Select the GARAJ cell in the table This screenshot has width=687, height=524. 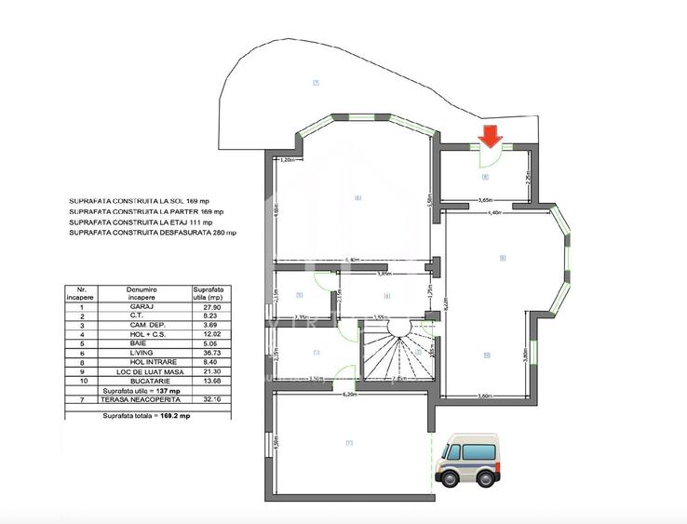pyautogui.click(x=141, y=306)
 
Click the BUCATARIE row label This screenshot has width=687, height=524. pyautogui.click(x=141, y=380)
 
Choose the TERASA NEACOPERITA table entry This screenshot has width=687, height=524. pyautogui.click(x=141, y=400)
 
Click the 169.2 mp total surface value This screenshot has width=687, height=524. pyautogui.click(x=171, y=415)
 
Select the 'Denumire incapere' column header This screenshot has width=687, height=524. pyautogui.click(x=141, y=292)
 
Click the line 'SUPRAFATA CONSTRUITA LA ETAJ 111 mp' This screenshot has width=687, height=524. pyautogui.click(x=141, y=222)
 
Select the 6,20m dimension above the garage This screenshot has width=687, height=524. pyautogui.click(x=350, y=394)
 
